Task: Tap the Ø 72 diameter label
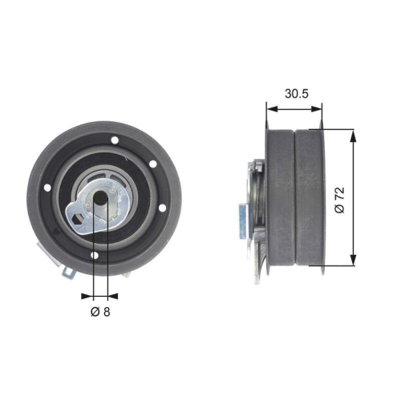click(339, 198)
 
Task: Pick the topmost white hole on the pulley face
click(115, 141)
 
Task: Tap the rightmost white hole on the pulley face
click(162, 209)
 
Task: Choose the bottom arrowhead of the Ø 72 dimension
click(352, 262)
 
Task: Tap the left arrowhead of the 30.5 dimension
click(268, 106)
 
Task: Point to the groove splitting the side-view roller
click(297, 196)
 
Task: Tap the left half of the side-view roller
click(281, 196)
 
